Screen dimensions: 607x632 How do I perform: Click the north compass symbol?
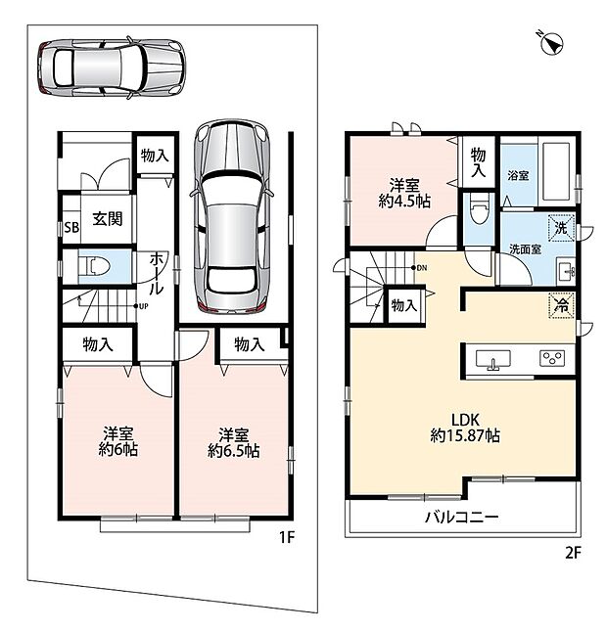tap(552, 42)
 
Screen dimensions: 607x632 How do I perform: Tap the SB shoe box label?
tap(71, 228)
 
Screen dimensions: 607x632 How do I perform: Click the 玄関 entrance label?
tap(108, 219)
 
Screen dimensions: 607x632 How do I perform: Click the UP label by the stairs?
tap(143, 306)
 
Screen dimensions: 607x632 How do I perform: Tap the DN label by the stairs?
tap(422, 268)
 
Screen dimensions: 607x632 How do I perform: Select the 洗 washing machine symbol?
tap(561, 229)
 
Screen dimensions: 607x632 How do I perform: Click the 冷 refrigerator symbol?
tap(561, 305)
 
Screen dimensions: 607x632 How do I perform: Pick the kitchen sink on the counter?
tap(492, 359)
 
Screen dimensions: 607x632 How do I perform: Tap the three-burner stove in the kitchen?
tap(552, 358)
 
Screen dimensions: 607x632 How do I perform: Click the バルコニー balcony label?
tap(462, 517)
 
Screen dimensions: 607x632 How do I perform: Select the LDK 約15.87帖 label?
tap(465, 429)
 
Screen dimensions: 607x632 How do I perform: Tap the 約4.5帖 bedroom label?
tap(404, 202)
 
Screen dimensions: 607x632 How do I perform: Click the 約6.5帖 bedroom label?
tap(234, 451)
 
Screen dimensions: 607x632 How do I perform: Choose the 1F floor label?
tap(286, 537)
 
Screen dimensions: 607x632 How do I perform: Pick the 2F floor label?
tap(573, 552)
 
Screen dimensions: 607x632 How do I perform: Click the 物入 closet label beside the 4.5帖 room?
tap(479, 162)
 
